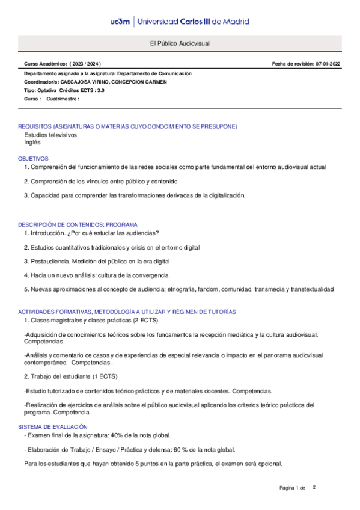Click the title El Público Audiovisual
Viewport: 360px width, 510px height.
tap(180, 44)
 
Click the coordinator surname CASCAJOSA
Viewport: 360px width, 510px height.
tap(74, 81)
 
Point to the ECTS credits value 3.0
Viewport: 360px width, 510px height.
tap(100, 90)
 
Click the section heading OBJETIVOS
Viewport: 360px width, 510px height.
tap(33, 158)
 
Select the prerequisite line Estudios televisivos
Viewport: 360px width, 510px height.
tap(50, 135)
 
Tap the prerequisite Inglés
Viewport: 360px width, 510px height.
tap(32, 143)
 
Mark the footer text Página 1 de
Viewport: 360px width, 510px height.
tap(293, 487)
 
